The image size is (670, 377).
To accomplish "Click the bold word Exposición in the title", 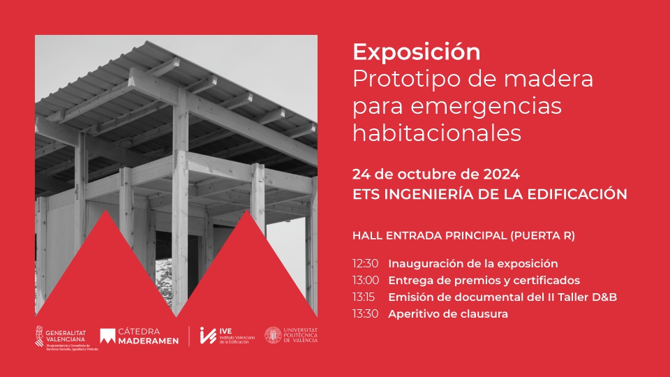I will click(417, 52).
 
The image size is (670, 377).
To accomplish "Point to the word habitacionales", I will click(437, 133).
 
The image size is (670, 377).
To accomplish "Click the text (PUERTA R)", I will click(544, 235).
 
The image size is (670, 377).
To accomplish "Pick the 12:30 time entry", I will click(365, 264).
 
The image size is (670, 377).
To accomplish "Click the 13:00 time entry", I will click(365, 281).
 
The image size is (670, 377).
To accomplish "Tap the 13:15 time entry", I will click(365, 297).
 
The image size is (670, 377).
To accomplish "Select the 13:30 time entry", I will click(365, 314).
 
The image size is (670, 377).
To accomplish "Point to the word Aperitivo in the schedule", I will click(415, 314).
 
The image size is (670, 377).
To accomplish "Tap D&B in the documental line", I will click(605, 297).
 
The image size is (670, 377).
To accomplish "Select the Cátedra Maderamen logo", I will click(140, 337).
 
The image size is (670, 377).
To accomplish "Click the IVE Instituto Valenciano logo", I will click(227, 336).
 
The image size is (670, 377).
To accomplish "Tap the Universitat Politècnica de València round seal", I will click(273, 336).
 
